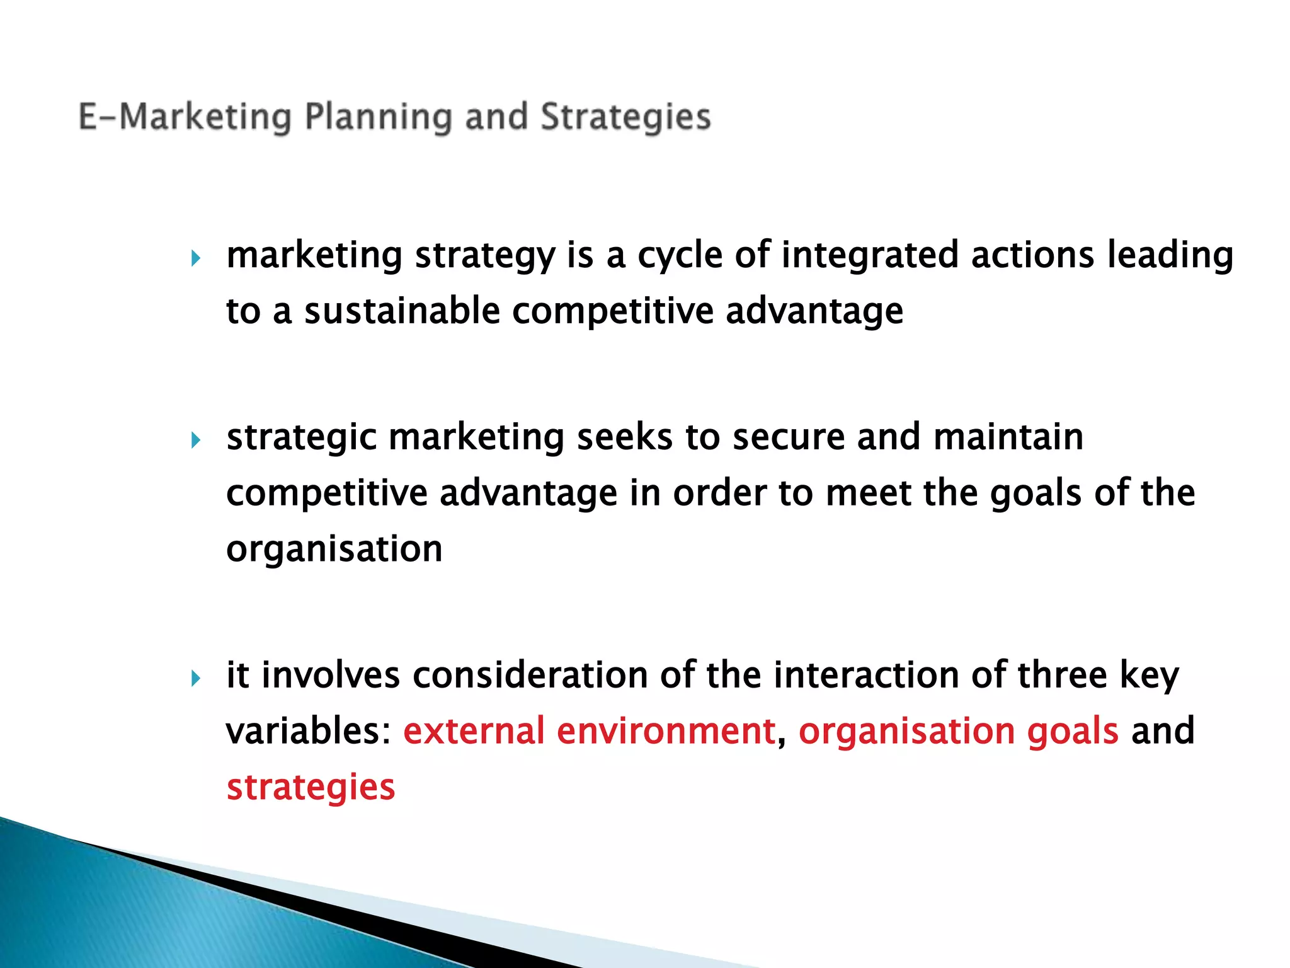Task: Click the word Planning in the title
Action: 378,118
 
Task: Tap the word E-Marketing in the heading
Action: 185,118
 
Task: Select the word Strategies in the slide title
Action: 625,118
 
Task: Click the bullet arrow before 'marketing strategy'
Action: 196,258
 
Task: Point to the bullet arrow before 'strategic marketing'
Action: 196,440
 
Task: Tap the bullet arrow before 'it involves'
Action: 196,678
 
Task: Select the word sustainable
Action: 402,311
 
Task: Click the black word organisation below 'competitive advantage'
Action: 334,549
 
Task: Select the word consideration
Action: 530,675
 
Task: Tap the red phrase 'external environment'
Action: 589,731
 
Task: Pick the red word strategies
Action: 311,788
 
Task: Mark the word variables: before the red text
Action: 309,731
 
